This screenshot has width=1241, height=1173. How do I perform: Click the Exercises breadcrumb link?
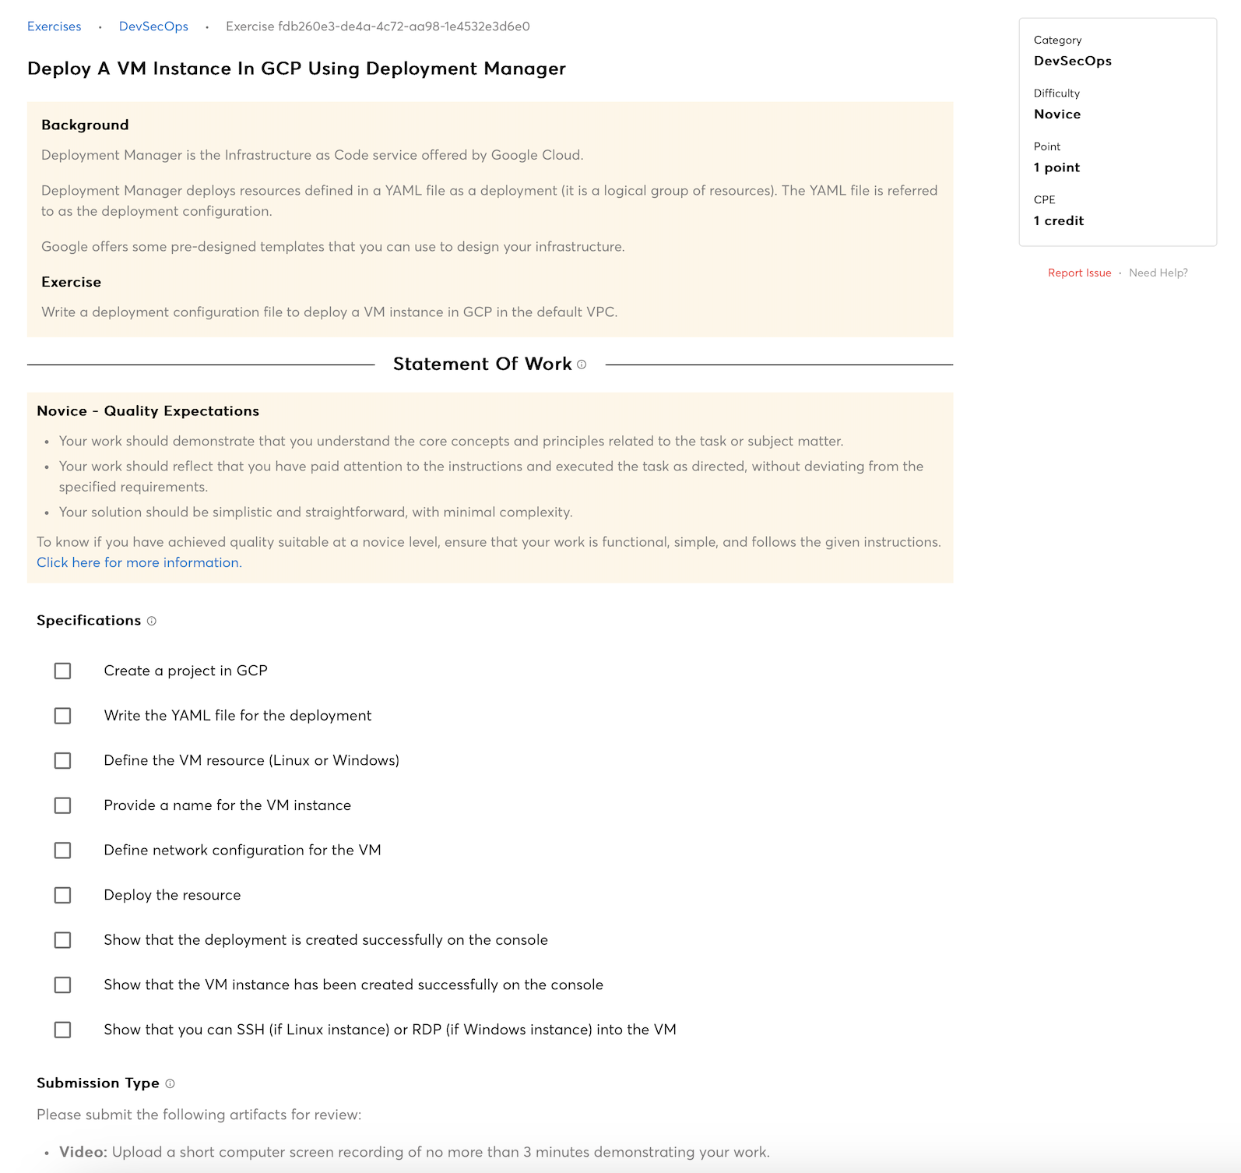click(x=54, y=26)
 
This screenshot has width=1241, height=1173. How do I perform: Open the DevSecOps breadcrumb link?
click(x=153, y=26)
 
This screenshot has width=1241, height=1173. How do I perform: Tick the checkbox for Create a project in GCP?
click(x=62, y=671)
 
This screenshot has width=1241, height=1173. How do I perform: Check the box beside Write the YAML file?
click(x=62, y=716)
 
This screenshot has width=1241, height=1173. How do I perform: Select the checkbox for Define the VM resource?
click(x=62, y=760)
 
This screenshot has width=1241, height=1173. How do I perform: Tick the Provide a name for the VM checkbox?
click(x=62, y=805)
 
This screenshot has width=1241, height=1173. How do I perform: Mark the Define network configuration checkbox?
click(x=62, y=851)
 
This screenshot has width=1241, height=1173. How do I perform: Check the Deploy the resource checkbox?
click(x=62, y=896)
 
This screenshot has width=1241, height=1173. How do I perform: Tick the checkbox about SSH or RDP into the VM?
click(x=62, y=1030)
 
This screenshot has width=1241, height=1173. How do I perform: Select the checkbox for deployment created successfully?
click(x=62, y=940)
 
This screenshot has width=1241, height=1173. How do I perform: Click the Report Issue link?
click(x=1079, y=273)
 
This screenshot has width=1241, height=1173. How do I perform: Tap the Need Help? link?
click(x=1158, y=273)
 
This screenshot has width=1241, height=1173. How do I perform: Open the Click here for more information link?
click(x=138, y=562)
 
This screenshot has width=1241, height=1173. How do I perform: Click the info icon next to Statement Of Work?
click(x=582, y=365)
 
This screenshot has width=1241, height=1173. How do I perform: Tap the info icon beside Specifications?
click(x=152, y=621)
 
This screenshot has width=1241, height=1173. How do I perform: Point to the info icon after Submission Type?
click(x=170, y=1083)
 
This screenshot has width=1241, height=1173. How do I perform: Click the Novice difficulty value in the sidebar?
click(x=1056, y=114)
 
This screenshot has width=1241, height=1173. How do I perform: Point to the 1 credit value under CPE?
click(x=1058, y=220)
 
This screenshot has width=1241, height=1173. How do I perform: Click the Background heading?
click(x=85, y=125)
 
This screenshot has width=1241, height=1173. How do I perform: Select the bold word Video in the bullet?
click(x=83, y=1152)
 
